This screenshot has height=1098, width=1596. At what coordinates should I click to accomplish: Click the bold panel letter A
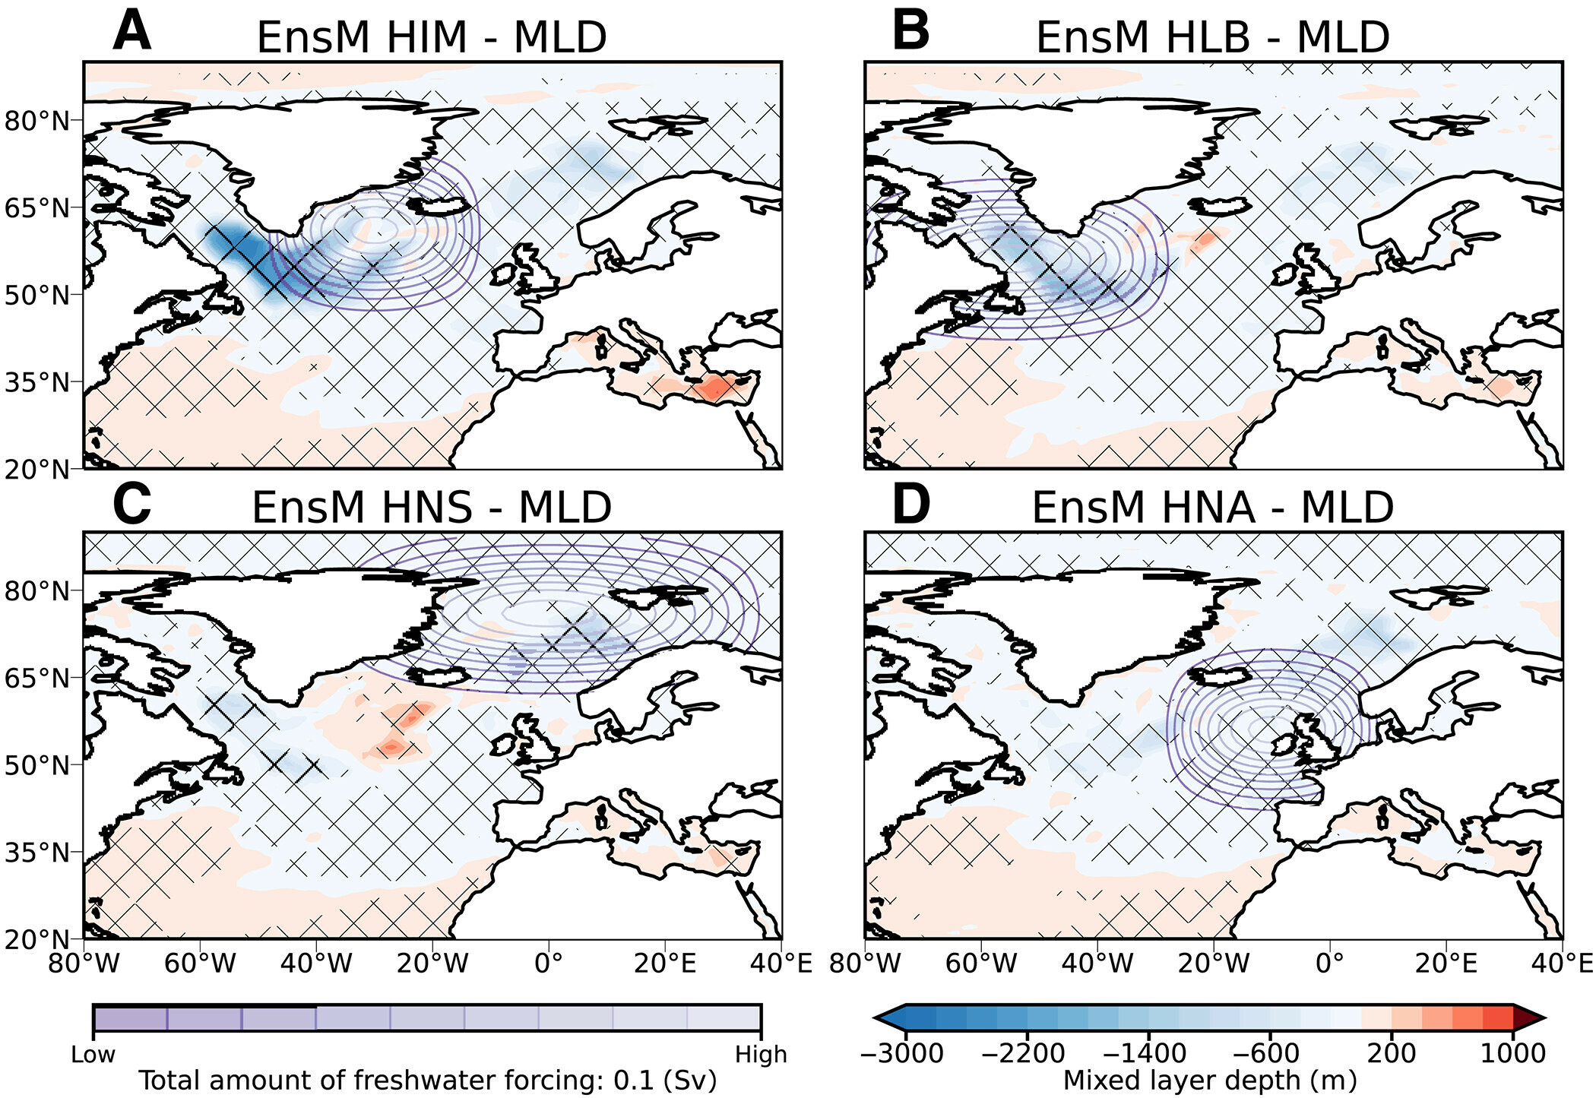tap(131, 32)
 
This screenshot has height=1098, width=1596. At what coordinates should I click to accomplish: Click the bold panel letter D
tap(910, 505)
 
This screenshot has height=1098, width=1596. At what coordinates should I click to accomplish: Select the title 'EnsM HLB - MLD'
tap(1212, 37)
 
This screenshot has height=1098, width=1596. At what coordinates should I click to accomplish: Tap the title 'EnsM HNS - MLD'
tap(431, 508)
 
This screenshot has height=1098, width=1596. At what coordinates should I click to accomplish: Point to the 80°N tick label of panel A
tap(36, 121)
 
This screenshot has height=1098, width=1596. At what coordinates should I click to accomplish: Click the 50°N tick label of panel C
tap(36, 765)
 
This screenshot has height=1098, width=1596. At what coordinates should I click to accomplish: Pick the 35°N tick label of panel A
tap(36, 382)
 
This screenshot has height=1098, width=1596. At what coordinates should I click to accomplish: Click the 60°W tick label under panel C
tap(200, 964)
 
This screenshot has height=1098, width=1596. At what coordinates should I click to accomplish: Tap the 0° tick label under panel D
tap(1329, 964)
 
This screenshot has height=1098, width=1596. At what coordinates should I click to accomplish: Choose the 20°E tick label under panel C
tap(665, 964)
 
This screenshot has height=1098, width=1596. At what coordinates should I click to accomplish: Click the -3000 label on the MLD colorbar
tap(901, 1053)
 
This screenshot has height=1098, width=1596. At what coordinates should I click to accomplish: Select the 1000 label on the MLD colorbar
tap(1512, 1053)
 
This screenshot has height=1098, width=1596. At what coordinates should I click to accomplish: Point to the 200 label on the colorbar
tap(1391, 1053)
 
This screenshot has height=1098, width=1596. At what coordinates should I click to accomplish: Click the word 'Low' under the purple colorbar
tap(93, 1055)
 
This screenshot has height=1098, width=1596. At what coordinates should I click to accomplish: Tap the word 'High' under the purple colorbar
tap(760, 1055)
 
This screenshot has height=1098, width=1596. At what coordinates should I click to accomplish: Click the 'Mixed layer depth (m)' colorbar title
tap(1209, 1080)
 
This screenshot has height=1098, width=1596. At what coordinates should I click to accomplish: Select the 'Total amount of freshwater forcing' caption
tap(427, 1080)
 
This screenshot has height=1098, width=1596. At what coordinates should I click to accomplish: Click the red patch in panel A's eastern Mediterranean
tap(713, 389)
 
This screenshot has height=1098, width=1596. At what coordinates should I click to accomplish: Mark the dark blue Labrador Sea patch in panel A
tap(243, 251)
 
